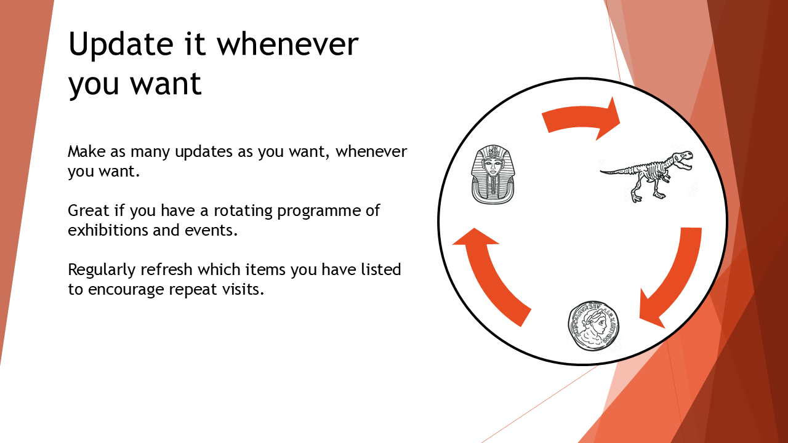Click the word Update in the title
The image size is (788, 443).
click(121, 45)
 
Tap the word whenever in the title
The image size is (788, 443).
click(287, 44)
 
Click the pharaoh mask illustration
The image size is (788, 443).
click(493, 174)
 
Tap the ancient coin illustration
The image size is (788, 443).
click(593, 326)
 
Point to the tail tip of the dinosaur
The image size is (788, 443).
click(601, 172)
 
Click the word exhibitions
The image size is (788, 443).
click(108, 230)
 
